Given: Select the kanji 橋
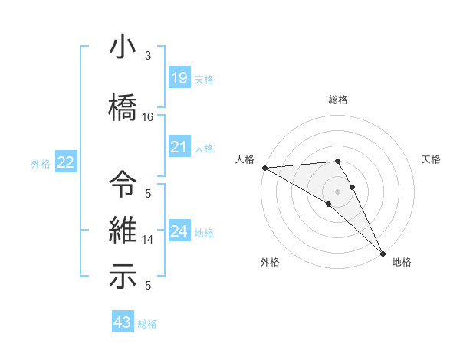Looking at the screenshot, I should pyautogui.click(x=123, y=106).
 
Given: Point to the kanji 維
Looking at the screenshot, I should pyautogui.click(x=123, y=230).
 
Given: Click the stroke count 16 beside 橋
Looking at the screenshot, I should pyautogui.click(x=148, y=117).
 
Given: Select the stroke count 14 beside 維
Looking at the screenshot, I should pyautogui.click(x=148, y=240).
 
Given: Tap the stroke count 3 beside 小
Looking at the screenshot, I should pyautogui.click(x=148, y=56).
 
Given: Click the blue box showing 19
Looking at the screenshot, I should pyautogui.click(x=179, y=78).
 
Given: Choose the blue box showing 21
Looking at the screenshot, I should pyautogui.click(x=179, y=147).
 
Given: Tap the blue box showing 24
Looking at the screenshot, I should pyautogui.click(x=179, y=231).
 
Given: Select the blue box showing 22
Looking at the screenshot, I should pyautogui.click(x=66, y=162).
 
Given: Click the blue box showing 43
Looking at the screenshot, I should pyautogui.click(x=122, y=322).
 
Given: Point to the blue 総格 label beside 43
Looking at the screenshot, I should pyautogui.click(x=147, y=324).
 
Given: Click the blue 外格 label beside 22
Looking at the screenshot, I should pyautogui.click(x=41, y=163).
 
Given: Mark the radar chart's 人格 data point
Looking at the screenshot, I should pyautogui.click(x=264, y=168).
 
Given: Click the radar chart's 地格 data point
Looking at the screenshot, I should pyautogui.click(x=383, y=252).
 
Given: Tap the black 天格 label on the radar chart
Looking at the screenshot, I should pyautogui.click(x=432, y=159).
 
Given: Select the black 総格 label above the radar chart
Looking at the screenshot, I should pyautogui.click(x=337, y=100).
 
